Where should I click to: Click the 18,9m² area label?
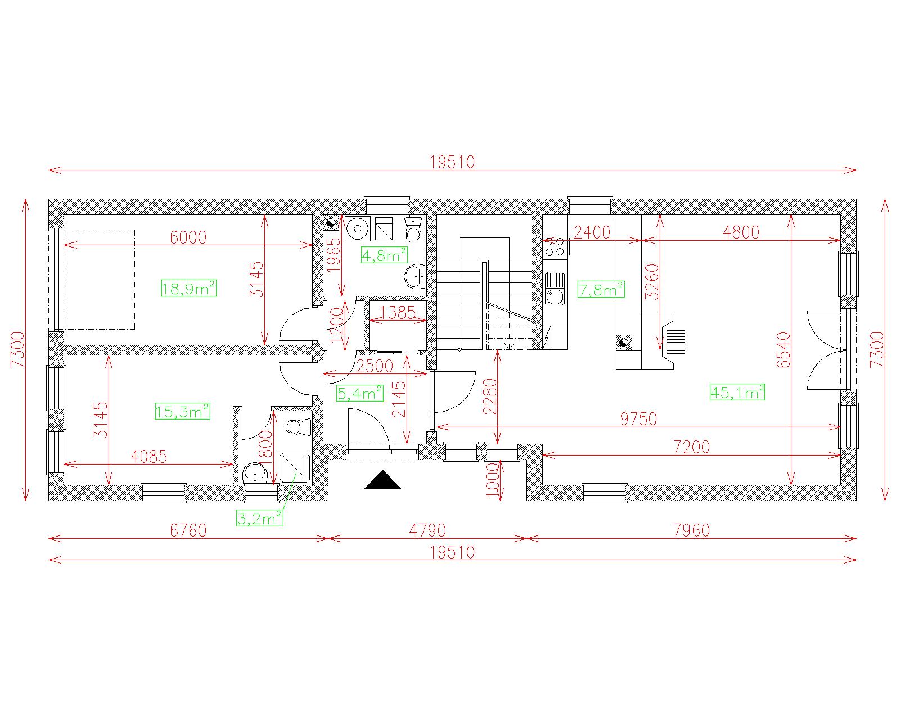click(x=188, y=288)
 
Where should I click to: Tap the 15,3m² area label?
click(x=182, y=411)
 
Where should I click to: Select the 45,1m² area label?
click(x=737, y=392)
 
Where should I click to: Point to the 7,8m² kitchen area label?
click(x=601, y=289)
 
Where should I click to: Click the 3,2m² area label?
click(x=260, y=519)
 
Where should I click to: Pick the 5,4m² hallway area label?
click(x=359, y=393)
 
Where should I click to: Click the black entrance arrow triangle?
click(x=382, y=480)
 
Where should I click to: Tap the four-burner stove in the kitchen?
click(x=555, y=246)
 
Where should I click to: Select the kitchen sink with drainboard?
click(x=555, y=289)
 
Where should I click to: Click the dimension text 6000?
click(x=188, y=237)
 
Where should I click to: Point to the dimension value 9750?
click(x=638, y=418)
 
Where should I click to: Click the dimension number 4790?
click(x=427, y=530)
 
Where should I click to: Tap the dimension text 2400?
click(x=592, y=232)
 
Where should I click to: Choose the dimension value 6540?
click(x=784, y=350)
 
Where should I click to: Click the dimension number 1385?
click(x=398, y=313)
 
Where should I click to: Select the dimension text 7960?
click(x=691, y=530)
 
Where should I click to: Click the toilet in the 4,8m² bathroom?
click(x=413, y=229)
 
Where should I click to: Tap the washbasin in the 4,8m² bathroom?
click(x=415, y=276)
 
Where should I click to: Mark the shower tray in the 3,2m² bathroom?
click(x=295, y=467)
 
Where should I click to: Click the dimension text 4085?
click(x=149, y=456)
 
